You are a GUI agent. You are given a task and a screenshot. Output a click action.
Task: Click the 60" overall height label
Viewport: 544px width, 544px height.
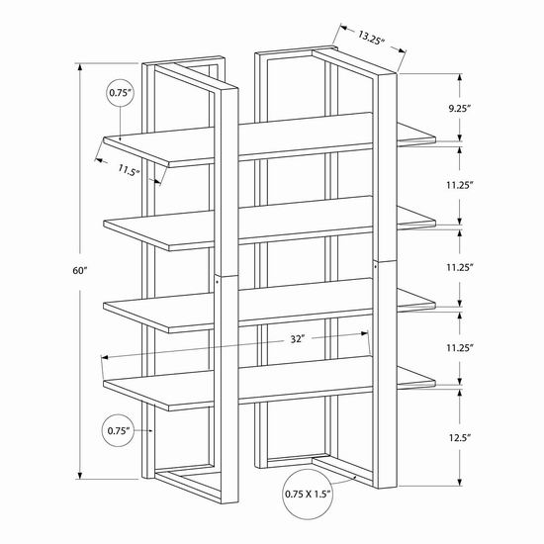pyautogui.click(x=79, y=271)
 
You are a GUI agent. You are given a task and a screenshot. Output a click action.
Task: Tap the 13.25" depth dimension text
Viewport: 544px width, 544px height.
pyautogui.click(x=371, y=38)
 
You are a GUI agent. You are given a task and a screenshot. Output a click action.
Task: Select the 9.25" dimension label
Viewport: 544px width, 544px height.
pyautogui.click(x=459, y=109)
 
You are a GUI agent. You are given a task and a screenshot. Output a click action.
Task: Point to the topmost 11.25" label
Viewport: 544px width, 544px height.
pyautogui.click(x=460, y=185)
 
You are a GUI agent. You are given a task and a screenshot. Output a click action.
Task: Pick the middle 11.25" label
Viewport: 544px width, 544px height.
pyautogui.click(x=460, y=267)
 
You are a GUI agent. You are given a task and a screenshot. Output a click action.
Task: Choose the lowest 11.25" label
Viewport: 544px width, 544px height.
pyautogui.click(x=460, y=348)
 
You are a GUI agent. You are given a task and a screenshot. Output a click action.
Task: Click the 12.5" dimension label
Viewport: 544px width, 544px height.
pyautogui.click(x=459, y=438)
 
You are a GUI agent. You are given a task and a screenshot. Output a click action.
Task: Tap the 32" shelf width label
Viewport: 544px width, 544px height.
pyautogui.click(x=298, y=339)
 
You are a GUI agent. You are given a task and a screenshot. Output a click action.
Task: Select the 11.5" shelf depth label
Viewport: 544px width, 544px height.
pyautogui.click(x=129, y=170)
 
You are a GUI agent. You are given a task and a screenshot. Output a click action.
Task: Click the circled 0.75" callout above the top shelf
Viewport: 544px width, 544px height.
pyautogui.click(x=120, y=93)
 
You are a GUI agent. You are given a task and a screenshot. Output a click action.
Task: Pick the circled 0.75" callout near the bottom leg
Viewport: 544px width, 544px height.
pyautogui.click(x=119, y=431)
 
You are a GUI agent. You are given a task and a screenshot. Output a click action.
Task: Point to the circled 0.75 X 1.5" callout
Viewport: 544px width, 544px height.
pyautogui.click(x=308, y=494)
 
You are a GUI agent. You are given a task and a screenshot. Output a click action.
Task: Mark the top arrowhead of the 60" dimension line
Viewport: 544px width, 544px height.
pyautogui.click(x=80, y=66)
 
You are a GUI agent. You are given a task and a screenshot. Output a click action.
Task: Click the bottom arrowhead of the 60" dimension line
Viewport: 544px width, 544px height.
pyautogui.click(x=80, y=476)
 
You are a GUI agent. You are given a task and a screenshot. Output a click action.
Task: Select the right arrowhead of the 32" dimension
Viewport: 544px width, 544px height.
pyautogui.click(x=364, y=333)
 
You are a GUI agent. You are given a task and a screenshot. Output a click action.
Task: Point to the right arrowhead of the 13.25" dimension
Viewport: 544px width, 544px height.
pyautogui.click(x=403, y=50)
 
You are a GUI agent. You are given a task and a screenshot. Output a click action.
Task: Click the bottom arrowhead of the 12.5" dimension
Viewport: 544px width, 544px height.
pyautogui.click(x=460, y=483)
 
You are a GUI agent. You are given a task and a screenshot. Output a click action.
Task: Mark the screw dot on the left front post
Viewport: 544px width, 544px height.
pyautogui.click(x=217, y=282)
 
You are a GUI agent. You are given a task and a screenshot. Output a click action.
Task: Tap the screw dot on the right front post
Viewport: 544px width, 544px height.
pyautogui.click(x=376, y=266)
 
